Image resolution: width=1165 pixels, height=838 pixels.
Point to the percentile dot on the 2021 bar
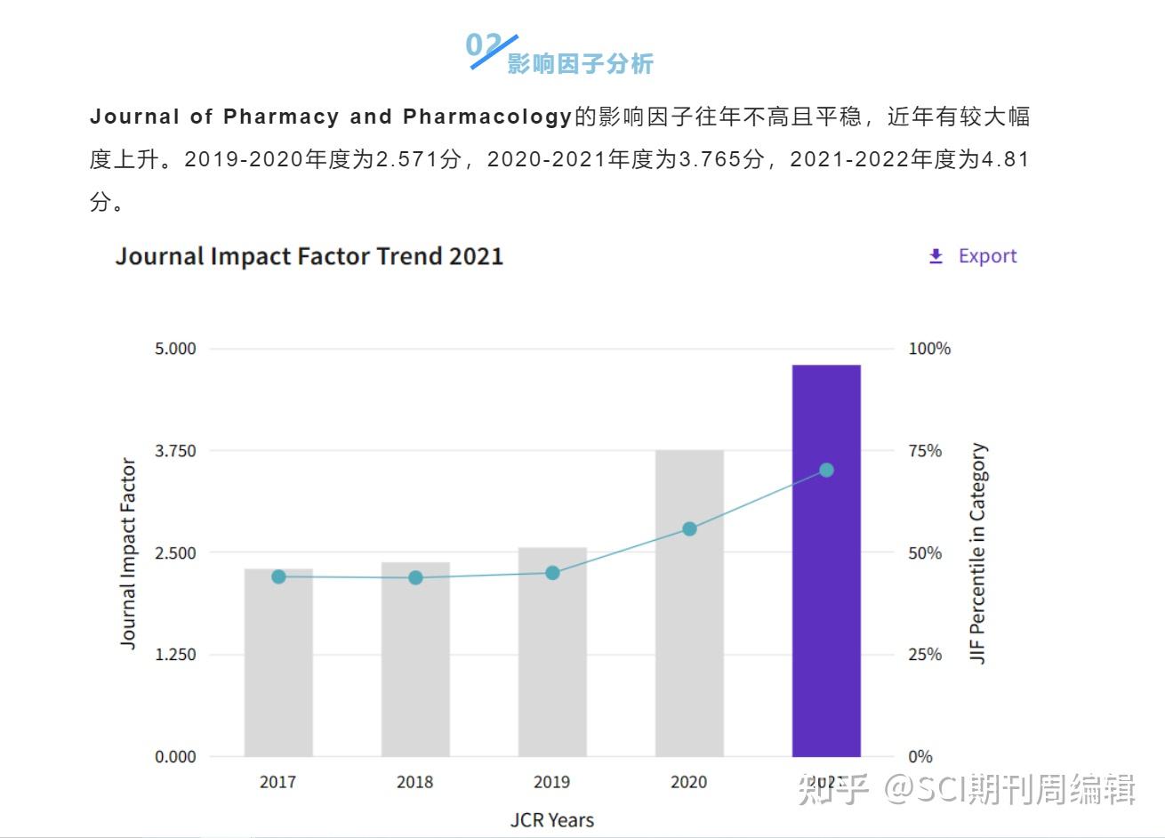click(x=826, y=470)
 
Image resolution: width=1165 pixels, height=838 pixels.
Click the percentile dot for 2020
click(x=689, y=529)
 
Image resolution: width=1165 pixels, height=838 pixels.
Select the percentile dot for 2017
click(x=278, y=576)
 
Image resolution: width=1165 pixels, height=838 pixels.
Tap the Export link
click(x=987, y=256)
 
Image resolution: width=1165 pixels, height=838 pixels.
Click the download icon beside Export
click(x=936, y=256)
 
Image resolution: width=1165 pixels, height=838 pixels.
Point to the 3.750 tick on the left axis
click(x=175, y=450)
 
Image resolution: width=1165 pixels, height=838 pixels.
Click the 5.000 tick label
click(x=175, y=348)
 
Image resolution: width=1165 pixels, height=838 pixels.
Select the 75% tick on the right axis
click(x=925, y=450)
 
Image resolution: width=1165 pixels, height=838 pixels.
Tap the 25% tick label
click(x=925, y=654)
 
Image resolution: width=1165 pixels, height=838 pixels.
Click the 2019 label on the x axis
click(x=551, y=782)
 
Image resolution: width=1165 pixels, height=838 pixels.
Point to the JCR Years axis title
click(x=551, y=819)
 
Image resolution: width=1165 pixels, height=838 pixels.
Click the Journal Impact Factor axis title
click(x=128, y=553)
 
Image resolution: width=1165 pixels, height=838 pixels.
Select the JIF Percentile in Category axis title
click(x=978, y=553)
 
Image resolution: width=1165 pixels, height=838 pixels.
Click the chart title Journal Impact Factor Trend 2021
click(x=309, y=256)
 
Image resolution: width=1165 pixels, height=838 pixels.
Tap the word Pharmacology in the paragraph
click(x=487, y=117)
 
